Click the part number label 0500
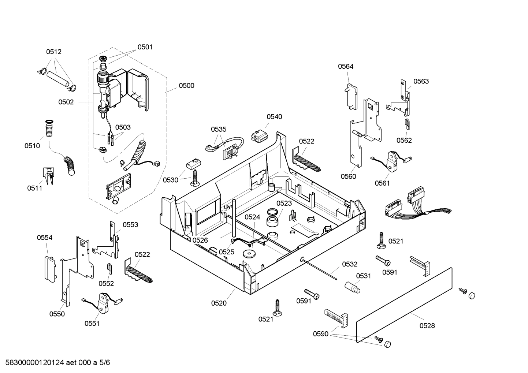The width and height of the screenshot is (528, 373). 186,86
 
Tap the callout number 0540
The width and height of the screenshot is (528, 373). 274,117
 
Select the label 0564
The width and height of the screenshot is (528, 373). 346,66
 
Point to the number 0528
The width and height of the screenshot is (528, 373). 427,325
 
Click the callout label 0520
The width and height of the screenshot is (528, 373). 219,303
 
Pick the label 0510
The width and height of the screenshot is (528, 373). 32,146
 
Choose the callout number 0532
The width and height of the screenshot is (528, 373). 350,264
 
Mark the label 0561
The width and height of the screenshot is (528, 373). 382,183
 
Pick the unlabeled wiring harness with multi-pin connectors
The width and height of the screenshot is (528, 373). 414,205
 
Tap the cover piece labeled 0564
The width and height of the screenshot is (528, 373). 351,96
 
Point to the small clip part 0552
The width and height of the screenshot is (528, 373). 109,268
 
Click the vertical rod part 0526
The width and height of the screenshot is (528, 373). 233,220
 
